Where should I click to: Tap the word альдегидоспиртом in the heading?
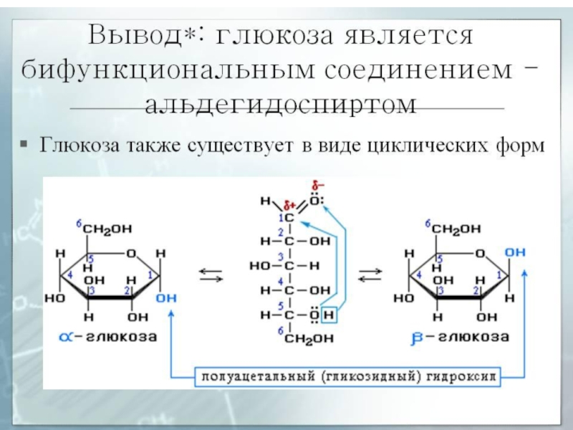click(x=286, y=105)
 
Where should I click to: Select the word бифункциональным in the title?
click(x=169, y=70)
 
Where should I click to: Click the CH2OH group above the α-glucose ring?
click(x=107, y=229)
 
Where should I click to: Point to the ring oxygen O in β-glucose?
click(x=479, y=253)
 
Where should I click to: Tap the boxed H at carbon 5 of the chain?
click(x=328, y=315)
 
